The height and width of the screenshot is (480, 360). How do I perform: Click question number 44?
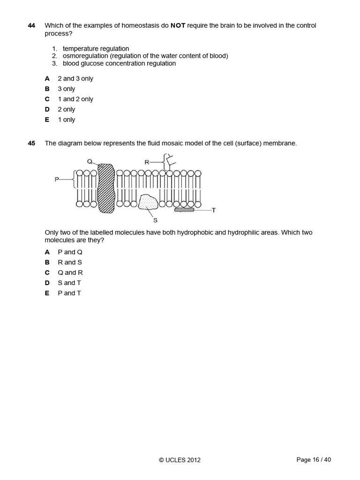[31, 25]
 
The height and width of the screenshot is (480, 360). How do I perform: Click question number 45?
[31, 143]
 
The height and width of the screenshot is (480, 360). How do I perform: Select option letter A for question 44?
[47, 79]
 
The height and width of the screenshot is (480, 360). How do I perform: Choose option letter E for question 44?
[47, 120]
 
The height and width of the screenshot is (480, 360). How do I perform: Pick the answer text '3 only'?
[66, 89]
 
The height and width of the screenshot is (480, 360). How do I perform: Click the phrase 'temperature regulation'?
[96, 48]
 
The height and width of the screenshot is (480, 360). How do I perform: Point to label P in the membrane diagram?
[57, 179]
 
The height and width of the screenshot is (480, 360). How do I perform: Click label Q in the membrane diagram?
[90, 161]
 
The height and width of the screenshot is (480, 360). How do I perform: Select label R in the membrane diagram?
[147, 162]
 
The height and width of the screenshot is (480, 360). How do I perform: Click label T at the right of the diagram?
[213, 210]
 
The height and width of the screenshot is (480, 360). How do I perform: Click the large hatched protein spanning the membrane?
[106, 188]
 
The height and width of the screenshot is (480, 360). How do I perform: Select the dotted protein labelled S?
[149, 202]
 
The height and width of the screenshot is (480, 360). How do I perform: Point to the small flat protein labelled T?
[184, 210]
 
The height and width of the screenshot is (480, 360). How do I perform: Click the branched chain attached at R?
[167, 162]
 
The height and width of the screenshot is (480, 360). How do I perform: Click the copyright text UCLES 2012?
[180, 460]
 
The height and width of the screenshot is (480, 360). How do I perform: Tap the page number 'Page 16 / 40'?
[314, 460]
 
